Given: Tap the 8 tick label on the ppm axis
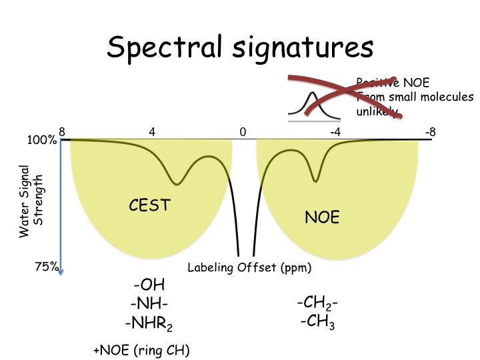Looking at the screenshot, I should tap(61, 132).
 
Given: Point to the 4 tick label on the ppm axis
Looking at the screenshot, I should tap(152, 132).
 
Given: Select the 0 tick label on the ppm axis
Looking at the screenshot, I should tap(243, 132).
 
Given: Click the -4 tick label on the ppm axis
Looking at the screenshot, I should tap(335, 132).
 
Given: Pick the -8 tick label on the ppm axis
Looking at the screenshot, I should tap(430, 132).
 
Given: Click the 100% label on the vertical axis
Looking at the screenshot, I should tap(42, 141).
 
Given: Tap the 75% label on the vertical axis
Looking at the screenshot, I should tap(46, 267).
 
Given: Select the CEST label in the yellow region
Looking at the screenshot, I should tap(150, 206).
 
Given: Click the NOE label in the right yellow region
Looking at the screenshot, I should tap(322, 217).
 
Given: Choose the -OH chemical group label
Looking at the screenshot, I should tap(149, 287).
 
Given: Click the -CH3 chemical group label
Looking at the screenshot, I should tap(317, 324).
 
